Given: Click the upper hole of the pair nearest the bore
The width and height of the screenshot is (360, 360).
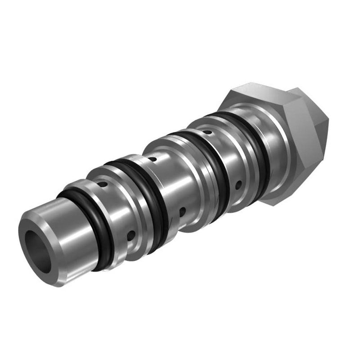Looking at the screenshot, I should pos(103,184).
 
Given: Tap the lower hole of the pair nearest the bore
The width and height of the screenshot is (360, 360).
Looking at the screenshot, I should pos(130,234).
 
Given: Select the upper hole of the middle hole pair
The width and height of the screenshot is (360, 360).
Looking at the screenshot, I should pos(153,159).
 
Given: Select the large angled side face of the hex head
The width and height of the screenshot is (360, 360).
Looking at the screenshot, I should pos(306,130).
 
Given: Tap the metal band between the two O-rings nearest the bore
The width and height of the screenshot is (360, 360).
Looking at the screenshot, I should pos(121,211).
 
